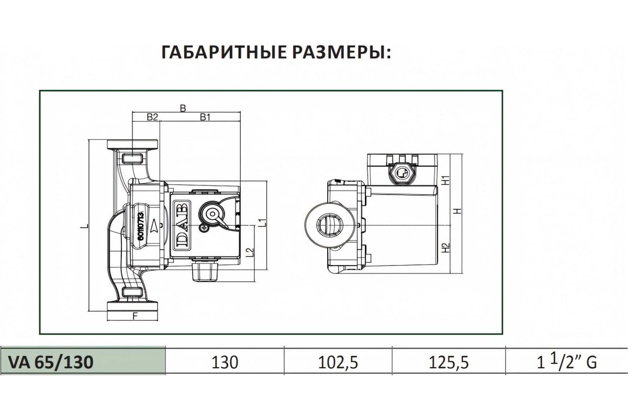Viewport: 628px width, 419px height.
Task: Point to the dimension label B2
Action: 152,117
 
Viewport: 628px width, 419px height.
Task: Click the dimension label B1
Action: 205,117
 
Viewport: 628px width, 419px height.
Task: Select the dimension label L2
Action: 251,252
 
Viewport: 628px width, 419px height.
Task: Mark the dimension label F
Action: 135,316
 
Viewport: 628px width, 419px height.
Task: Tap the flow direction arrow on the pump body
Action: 155,226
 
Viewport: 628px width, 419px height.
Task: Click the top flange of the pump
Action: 132,145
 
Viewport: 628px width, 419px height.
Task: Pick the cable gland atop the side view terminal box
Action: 401,171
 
